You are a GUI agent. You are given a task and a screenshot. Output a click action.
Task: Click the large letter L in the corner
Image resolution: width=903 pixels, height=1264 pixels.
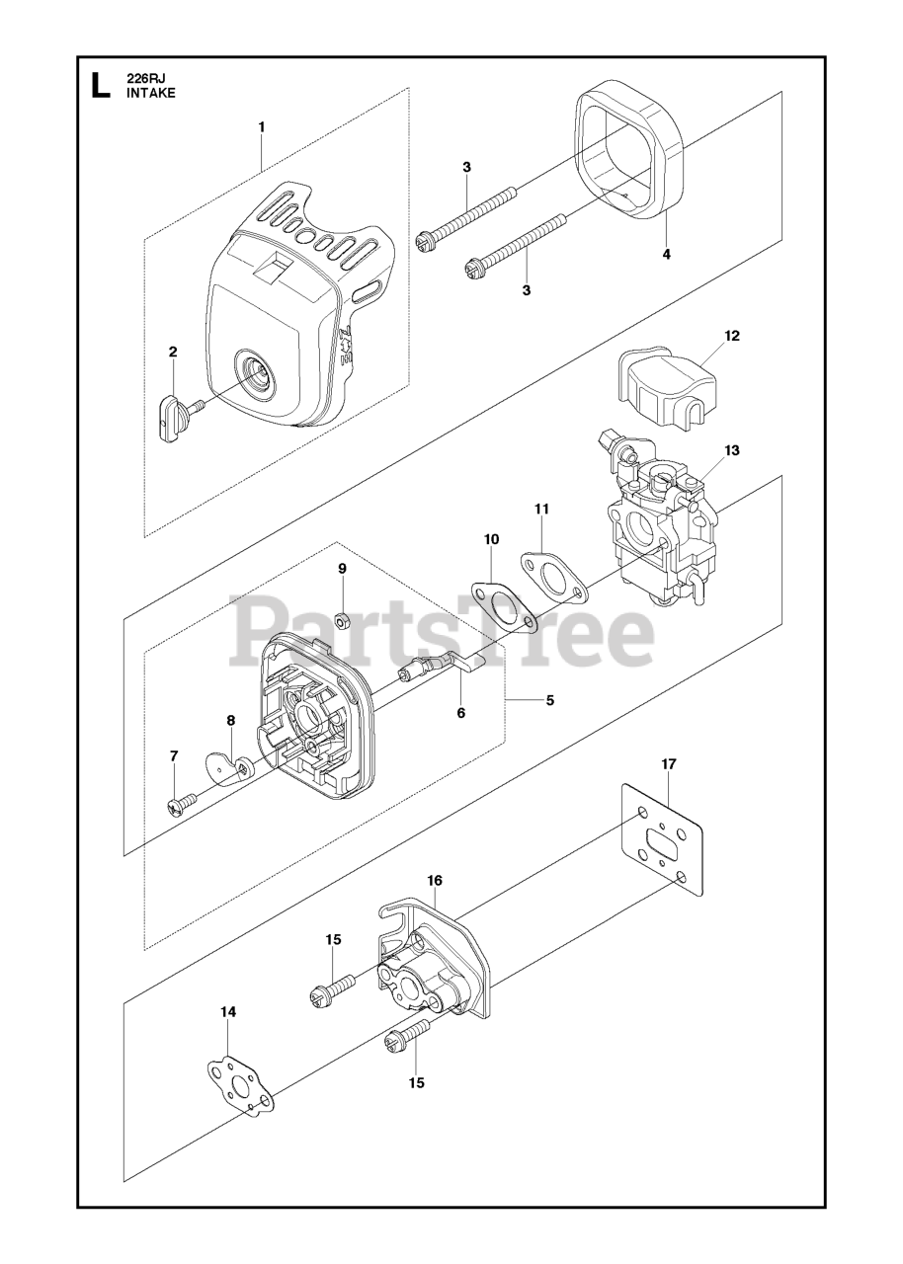100,85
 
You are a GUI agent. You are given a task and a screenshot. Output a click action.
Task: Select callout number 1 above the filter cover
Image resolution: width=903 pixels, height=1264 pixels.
261,126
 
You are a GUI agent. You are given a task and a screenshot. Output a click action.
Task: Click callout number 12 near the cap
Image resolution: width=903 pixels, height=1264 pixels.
731,336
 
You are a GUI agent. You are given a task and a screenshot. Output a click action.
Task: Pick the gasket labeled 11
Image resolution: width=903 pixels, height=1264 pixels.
553,577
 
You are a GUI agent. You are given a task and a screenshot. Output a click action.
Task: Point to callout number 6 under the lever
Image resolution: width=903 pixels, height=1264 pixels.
460,711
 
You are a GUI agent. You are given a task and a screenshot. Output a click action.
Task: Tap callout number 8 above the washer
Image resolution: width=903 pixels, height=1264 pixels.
230,720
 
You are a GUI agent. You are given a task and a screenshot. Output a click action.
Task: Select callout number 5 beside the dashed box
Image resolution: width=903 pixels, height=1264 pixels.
549,700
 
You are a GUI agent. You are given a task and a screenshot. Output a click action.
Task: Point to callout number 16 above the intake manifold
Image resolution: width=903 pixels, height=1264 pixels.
435,880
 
